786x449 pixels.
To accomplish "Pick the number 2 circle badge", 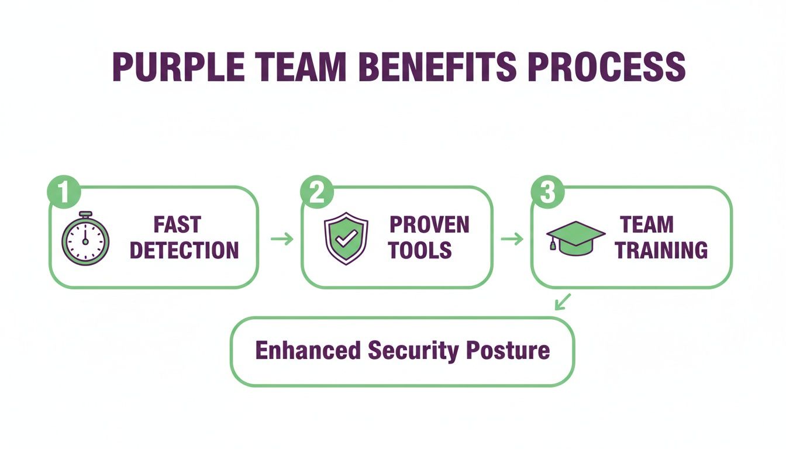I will (x=316, y=192).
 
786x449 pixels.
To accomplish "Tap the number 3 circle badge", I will (x=547, y=192).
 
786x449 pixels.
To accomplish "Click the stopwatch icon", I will (x=85, y=239).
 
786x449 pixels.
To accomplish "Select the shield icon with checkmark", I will (x=346, y=239).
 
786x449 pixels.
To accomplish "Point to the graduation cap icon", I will (x=575, y=237).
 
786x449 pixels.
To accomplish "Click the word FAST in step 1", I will (x=177, y=224).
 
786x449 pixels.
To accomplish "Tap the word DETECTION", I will (x=184, y=250).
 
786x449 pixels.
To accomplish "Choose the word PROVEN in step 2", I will (x=429, y=224).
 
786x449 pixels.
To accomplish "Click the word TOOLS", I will (x=420, y=250).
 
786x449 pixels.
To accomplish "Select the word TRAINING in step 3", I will (x=661, y=250).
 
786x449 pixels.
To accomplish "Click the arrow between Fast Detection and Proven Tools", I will (x=282, y=239).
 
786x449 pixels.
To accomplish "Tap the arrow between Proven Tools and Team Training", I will (x=512, y=239).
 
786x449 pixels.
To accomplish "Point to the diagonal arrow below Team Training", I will (x=562, y=302).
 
